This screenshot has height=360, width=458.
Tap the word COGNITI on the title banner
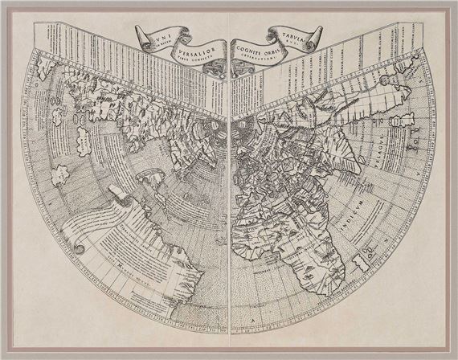pyautogui.click(x=252, y=45)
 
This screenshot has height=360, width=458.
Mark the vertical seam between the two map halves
pyautogui.click(x=229, y=201)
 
